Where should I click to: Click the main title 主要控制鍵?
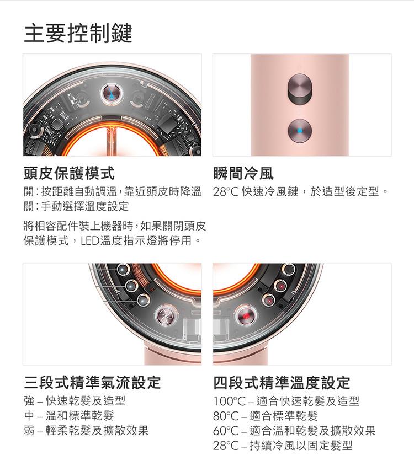pyautogui.click(x=78, y=33)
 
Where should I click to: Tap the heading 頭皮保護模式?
pyautogui.click(x=69, y=173)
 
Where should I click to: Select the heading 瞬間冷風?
pyautogui.click(x=243, y=173)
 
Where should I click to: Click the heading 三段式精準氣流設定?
pyautogui.click(x=92, y=383)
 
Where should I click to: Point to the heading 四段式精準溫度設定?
pyautogui.click(x=282, y=383)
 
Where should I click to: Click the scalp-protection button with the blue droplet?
pyautogui.click(x=112, y=94)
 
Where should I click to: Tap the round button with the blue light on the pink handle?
pyautogui.click(x=300, y=131)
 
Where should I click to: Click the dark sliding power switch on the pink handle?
pyautogui.click(x=300, y=89)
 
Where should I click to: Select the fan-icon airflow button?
pyautogui.click(x=167, y=315)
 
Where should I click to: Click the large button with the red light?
pyautogui.click(x=246, y=315)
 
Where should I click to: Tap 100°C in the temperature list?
pyautogui.click(x=229, y=401)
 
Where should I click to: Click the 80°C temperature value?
pyautogui.click(x=226, y=416)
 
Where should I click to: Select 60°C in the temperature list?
pyautogui.click(x=226, y=431)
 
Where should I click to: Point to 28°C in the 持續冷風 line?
pyautogui.click(x=226, y=446)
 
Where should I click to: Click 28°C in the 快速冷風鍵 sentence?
pyautogui.click(x=226, y=192)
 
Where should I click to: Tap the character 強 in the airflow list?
pyautogui.click(x=29, y=401)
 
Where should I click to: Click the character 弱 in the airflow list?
pyautogui.click(x=29, y=431)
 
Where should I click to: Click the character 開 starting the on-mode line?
pyautogui.click(x=29, y=192)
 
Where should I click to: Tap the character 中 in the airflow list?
pyautogui.click(x=29, y=416)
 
